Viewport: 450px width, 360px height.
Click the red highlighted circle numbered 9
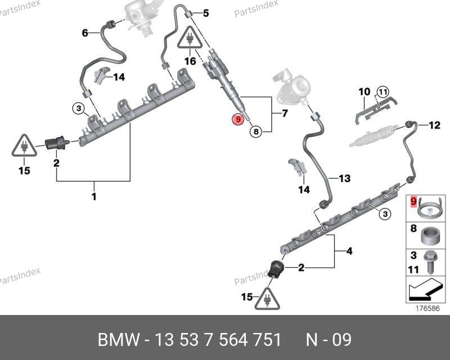pyautogui.click(x=238, y=119)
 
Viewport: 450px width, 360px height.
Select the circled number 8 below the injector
pyautogui.click(x=255, y=132)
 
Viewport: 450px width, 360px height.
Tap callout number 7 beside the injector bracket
pyautogui.click(x=284, y=114)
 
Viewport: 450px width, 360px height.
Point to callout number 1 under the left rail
pyautogui.click(x=94, y=197)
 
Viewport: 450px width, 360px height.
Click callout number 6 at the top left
pyautogui.click(x=85, y=33)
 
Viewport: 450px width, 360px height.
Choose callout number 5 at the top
pyautogui.click(x=205, y=12)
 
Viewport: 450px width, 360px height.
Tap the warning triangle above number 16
pyautogui.click(x=191, y=40)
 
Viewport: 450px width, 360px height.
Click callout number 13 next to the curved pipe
pyautogui.click(x=344, y=178)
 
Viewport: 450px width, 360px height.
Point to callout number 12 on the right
pyautogui.click(x=434, y=125)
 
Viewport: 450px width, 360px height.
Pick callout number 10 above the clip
pyautogui.click(x=364, y=92)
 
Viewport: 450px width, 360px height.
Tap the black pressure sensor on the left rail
pyautogui.click(x=56, y=143)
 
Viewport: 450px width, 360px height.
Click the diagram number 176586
pyautogui.click(x=427, y=308)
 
